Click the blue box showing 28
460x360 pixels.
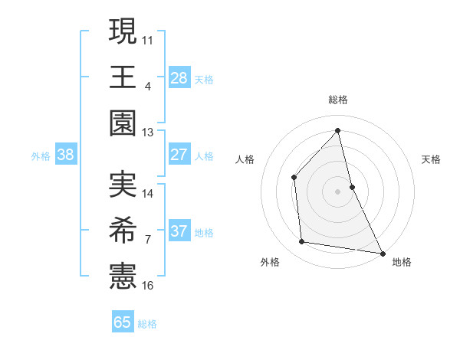point(179,78)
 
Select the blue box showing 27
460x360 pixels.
point(179,155)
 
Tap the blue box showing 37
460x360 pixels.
point(179,231)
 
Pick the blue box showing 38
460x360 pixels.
point(65,155)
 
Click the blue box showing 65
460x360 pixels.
point(123,322)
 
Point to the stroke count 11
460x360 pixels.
point(148,39)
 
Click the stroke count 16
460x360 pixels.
point(148,286)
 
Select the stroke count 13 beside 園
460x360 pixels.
point(148,133)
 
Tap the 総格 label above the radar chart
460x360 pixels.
point(338,100)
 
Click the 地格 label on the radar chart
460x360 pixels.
point(402,262)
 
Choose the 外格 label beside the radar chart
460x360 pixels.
point(270,262)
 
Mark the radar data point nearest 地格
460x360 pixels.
point(381,253)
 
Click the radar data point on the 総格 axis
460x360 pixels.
point(338,130)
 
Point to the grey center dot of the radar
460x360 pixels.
point(338,191)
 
